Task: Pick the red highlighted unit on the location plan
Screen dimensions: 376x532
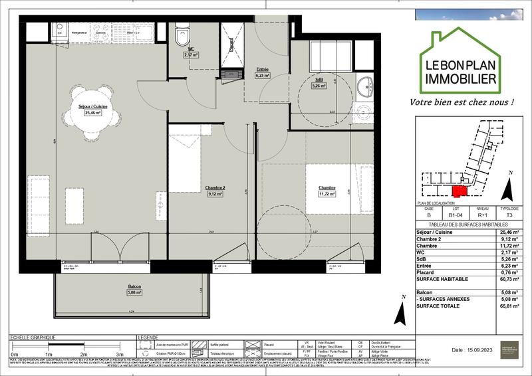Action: (x=460, y=191)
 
